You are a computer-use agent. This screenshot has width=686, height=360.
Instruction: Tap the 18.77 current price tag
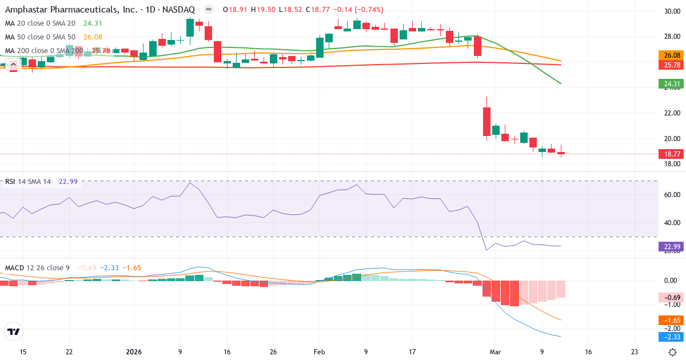pos(670,154)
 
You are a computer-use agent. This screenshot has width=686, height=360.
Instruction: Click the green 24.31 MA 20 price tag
pos(670,84)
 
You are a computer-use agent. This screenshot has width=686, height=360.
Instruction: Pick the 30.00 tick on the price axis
pos(672,11)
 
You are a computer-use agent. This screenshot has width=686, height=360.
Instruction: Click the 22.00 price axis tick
pos(672,113)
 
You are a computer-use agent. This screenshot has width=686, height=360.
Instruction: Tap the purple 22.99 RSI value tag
pos(670,247)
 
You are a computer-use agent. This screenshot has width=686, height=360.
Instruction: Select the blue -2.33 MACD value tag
pos(670,337)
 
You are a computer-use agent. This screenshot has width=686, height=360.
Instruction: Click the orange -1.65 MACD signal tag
pos(670,321)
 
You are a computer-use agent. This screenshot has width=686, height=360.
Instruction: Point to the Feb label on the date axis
pos(319,352)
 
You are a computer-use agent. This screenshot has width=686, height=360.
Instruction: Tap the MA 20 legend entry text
pos(40,23)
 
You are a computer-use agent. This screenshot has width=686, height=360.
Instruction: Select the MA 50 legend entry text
pos(40,37)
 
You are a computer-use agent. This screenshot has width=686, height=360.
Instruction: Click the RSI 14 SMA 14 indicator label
pos(28,182)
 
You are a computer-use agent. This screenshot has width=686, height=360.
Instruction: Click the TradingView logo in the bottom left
pos(14,331)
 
